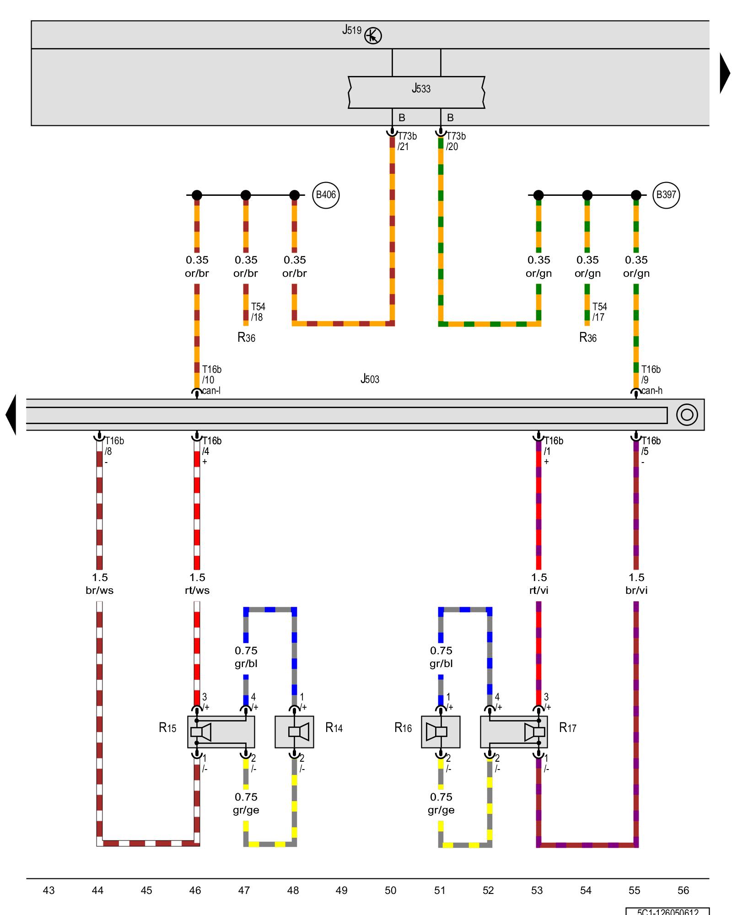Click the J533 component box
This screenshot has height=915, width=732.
pyautogui.click(x=416, y=92)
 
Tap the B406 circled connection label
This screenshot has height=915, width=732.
pyautogui.click(x=326, y=195)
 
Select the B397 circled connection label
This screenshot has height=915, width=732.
pyautogui.click(x=666, y=195)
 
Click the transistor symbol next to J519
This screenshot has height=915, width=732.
pyautogui.click(x=373, y=36)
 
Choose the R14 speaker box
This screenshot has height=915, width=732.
pyautogui.click(x=294, y=732)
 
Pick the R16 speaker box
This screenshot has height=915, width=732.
pyautogui.click(x=441, y=732)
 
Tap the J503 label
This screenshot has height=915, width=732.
pyautogui.click(x=370, y=379)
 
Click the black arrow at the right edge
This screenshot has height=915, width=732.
pyautogui.click(x=725, y=73)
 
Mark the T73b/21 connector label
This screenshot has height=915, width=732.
pyautogui.click(x=407, y=141)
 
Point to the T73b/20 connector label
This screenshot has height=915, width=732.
pyautogui.click(x=456, y=141)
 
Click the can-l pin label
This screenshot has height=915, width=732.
pyautogui.click(x=211, y=391)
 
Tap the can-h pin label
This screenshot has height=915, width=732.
pyautogui.click(x=651, y=391)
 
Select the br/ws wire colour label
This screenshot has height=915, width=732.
pyautogui.click(x=100, y=590)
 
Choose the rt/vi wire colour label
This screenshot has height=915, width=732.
pyautogui.click(x=538, y=590)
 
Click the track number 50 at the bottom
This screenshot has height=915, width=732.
pyautogui.click(x=390, y=890)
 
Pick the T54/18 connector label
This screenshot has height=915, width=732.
pyautogui.click(x=258, y=312)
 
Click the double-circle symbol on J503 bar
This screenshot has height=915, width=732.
pyautogui.click(x=687, y=414)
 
